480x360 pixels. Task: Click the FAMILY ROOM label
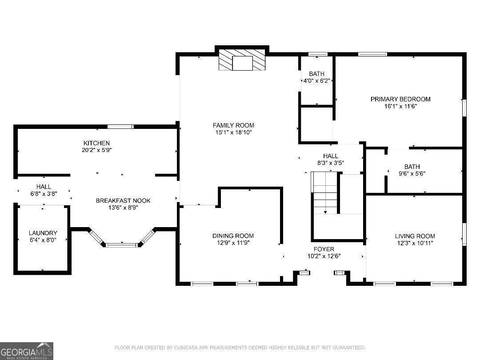(x=233, y=125)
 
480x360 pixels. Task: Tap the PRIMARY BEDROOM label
(x=400, y=99)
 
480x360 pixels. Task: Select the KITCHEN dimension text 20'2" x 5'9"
(x=97, y=150)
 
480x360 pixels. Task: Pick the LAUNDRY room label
(x=43, y=233)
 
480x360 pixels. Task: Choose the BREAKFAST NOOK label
(x=123, y=201)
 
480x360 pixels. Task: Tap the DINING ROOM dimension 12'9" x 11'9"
(x=233, y=243)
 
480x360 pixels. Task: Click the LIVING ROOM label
(x=415, y=236)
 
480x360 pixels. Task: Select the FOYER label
(x=324, y=249)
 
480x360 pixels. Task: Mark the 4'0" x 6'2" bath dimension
(x=316, y=81)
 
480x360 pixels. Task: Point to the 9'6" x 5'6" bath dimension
(x=412, y=174)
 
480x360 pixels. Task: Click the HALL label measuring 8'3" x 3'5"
(x=331, y=156)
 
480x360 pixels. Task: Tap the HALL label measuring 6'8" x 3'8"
(x=44, y=187)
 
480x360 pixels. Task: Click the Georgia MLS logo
(x=27, y=351)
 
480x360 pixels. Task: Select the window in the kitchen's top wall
(x=120, y=126)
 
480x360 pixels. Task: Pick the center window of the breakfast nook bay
(x=122, y=244)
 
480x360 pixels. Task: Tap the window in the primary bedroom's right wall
(x=464, y=108)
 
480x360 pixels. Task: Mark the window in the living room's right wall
(x=464, y=234)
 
